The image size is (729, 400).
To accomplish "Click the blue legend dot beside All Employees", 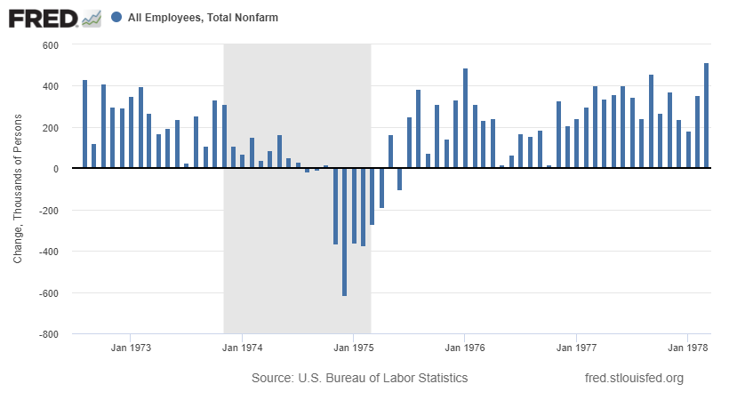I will [117, 17].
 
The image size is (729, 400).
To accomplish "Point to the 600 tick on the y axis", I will [49, 45].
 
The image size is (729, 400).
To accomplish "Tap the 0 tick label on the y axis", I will [54, 169].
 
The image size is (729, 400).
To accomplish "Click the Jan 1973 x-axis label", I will [131, 348].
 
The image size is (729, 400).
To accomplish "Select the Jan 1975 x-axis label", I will [355, 348].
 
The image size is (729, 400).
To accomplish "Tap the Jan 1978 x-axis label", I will [686, 348].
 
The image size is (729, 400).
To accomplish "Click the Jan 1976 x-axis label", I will [463, 348].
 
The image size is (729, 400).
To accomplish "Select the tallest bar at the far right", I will [706, 116].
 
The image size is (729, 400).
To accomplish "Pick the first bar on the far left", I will [84, 124].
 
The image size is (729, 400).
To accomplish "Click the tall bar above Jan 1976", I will [465, 118].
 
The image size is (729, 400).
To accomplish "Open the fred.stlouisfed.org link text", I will [634, 379].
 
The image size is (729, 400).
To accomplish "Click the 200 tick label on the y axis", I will [49, 128].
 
